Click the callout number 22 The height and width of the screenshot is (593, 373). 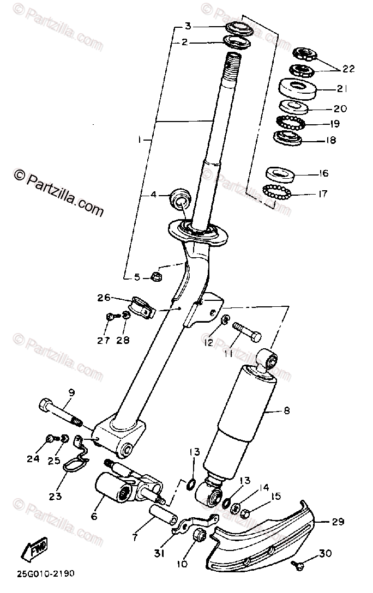click(x=348, y=69)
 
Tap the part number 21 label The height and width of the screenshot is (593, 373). click(x=341, y=88)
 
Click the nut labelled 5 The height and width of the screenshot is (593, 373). click(x=155, y=276)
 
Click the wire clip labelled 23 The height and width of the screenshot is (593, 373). click(x=76, y=464)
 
